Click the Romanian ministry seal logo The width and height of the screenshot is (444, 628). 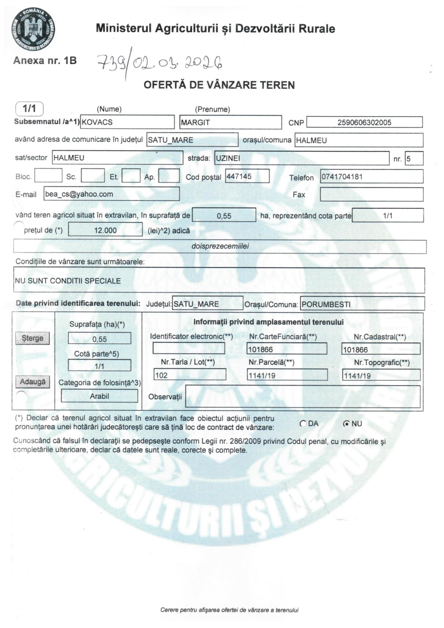[x=33, y=29]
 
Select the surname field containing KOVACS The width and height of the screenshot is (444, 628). [x=127, y=122]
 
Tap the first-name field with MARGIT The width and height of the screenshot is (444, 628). [x=230, y=122]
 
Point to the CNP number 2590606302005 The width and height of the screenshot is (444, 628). [x=364, y=122]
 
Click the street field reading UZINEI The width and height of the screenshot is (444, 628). [x=301, y=158]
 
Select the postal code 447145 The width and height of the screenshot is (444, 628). [x=247, y=177]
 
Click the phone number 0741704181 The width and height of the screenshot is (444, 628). [x=371, y=177]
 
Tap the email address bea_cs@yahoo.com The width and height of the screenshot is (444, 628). [x=111, y=194]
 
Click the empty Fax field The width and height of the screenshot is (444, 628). [x=371, y=194]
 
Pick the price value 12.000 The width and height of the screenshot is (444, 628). [x=105, y=230]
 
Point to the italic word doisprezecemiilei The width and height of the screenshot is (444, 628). [x=220, y=246]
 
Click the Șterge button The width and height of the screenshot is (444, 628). [x=33, y=338]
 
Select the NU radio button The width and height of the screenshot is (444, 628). [x=346, y=424]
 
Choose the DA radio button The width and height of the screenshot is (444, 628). [x=303, y=424]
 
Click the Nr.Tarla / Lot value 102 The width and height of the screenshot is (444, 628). [x=190, y=375]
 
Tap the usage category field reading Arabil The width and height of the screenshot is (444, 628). [x=100, y=396]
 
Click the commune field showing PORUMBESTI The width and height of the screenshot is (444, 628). [x=362, y=304]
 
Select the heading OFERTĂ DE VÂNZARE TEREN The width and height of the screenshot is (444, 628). [x=219, y=85]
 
